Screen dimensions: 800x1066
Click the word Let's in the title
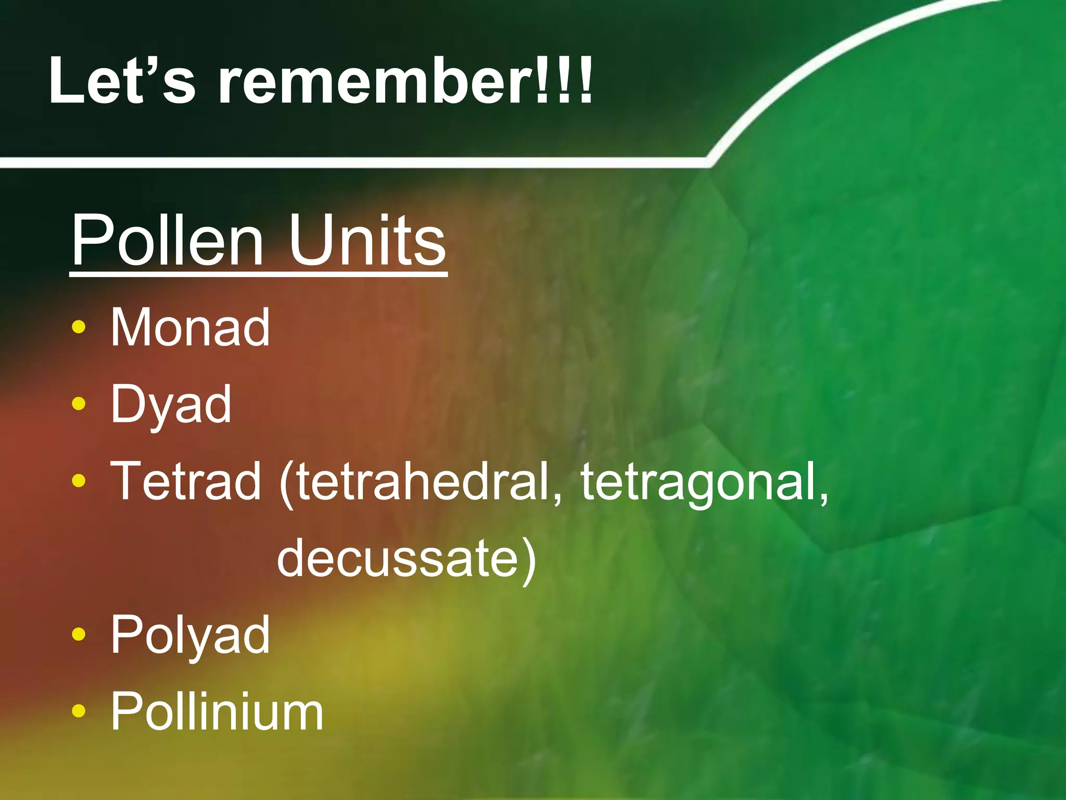click(x=122, y=81)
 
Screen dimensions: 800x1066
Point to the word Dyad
click(x=171, y=404)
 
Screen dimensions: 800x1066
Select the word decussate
click(x=398, y=558)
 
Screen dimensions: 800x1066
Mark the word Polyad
click(x=191, y=635)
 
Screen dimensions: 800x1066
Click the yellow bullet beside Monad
click(x=79, y=328)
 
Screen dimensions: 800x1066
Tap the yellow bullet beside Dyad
click(x=79, y=404)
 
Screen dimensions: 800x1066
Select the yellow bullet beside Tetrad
click(x=79, y=481)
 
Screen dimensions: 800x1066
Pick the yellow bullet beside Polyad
click(x=79, y=634)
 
